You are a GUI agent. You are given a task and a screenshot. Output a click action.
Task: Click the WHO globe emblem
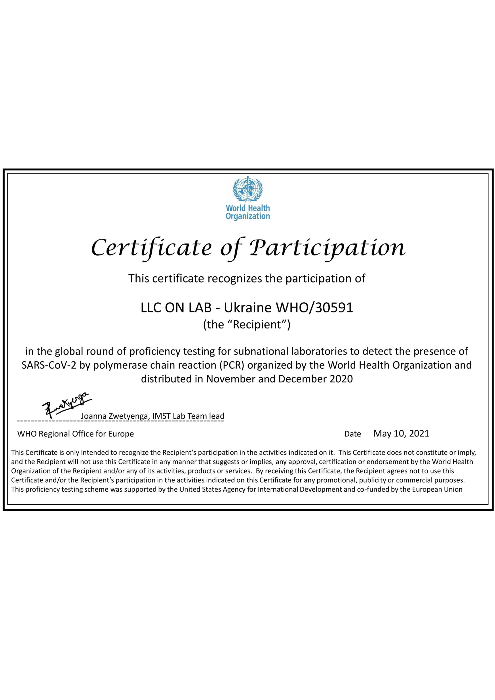coord(247,189)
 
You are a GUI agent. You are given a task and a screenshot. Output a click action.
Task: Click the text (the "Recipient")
coord(247,325)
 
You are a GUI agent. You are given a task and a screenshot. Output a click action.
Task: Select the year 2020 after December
coord(341,379)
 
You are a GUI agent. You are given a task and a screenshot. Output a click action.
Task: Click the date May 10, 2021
coord(401,434)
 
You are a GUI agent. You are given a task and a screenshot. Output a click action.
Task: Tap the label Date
coord(352,434)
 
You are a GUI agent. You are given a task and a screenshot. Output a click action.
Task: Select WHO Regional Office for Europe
coord(76,434)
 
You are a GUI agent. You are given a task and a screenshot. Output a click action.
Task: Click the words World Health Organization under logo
coord(247,212)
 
